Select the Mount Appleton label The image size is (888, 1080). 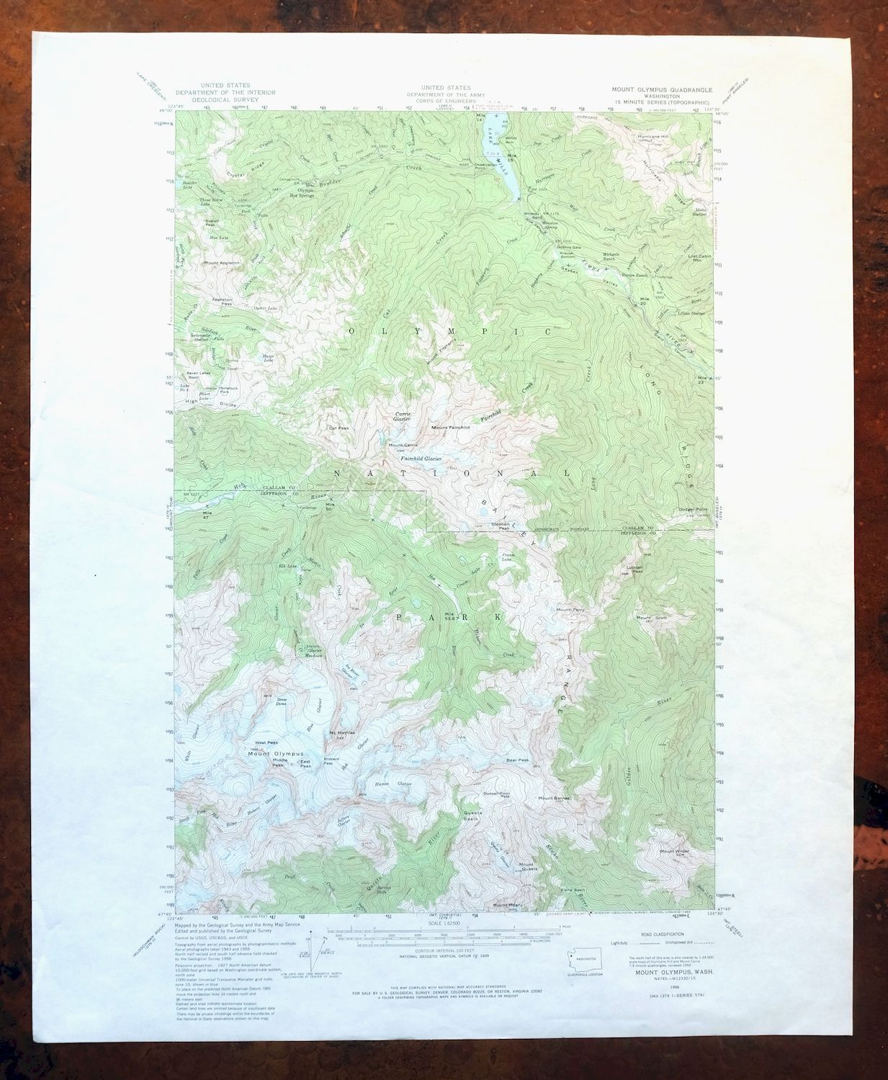point(222,264)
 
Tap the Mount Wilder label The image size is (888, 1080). point(674,852)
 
